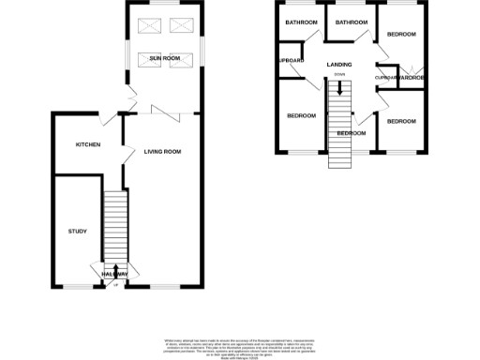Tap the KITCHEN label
(x=88, y=144)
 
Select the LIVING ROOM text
(x=162, y=151)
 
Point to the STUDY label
(x=77, y=231)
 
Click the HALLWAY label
(x=115, y=273)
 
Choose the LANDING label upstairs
(x=339, y=64)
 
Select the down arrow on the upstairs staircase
(x=338, y=91)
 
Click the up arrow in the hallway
(x=115, y=272)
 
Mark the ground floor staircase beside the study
(x=114, y=225)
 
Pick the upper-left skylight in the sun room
(x=150, y=25)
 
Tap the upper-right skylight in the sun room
(x=178, y=25)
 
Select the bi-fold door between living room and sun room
(x=167, y=113)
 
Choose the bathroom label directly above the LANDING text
(x=352, y=22)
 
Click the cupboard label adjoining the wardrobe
(x=385, y=77)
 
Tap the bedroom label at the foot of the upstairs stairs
(x=351, y=133)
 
